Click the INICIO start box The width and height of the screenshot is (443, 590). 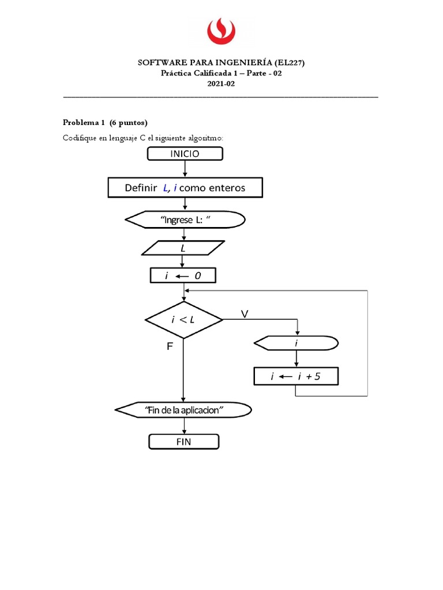185,153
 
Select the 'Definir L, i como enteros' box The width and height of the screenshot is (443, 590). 185,187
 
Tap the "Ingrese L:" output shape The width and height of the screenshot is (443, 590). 185,220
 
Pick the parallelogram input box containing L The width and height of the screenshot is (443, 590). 184,248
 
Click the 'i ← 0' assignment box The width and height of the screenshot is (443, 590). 183,276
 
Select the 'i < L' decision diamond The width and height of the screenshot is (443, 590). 183,320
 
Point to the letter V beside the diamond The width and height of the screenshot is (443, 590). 245,314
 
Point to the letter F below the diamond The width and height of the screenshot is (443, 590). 170,347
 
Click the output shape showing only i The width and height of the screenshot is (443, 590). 296,343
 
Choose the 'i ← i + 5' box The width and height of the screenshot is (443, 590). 296,377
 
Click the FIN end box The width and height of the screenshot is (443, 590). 184,442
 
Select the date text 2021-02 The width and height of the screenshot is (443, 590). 221,84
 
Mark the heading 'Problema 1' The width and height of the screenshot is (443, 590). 83,122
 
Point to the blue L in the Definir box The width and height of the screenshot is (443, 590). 166,188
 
